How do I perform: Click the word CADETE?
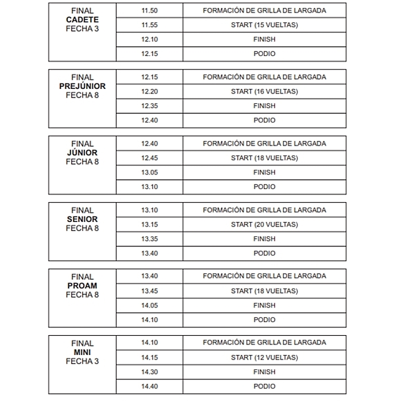pos(82,20)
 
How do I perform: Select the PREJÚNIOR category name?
pos(82,86)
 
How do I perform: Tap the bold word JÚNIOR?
pos(82,153)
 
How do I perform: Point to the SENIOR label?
pos(82,219)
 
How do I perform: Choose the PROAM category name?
pos(82,286)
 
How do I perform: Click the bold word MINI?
pos(82,352)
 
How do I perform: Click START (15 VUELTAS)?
pos(264,25)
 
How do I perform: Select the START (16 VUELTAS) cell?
pos(264,92)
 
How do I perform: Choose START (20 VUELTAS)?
pos(264,225)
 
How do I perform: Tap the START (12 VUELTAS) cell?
pos(264,358)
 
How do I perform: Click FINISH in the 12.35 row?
pos(264,106)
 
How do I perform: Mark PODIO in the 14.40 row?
pos(264,387)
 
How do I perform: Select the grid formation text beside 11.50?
pos(264,11)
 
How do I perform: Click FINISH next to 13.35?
pos(264,239)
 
